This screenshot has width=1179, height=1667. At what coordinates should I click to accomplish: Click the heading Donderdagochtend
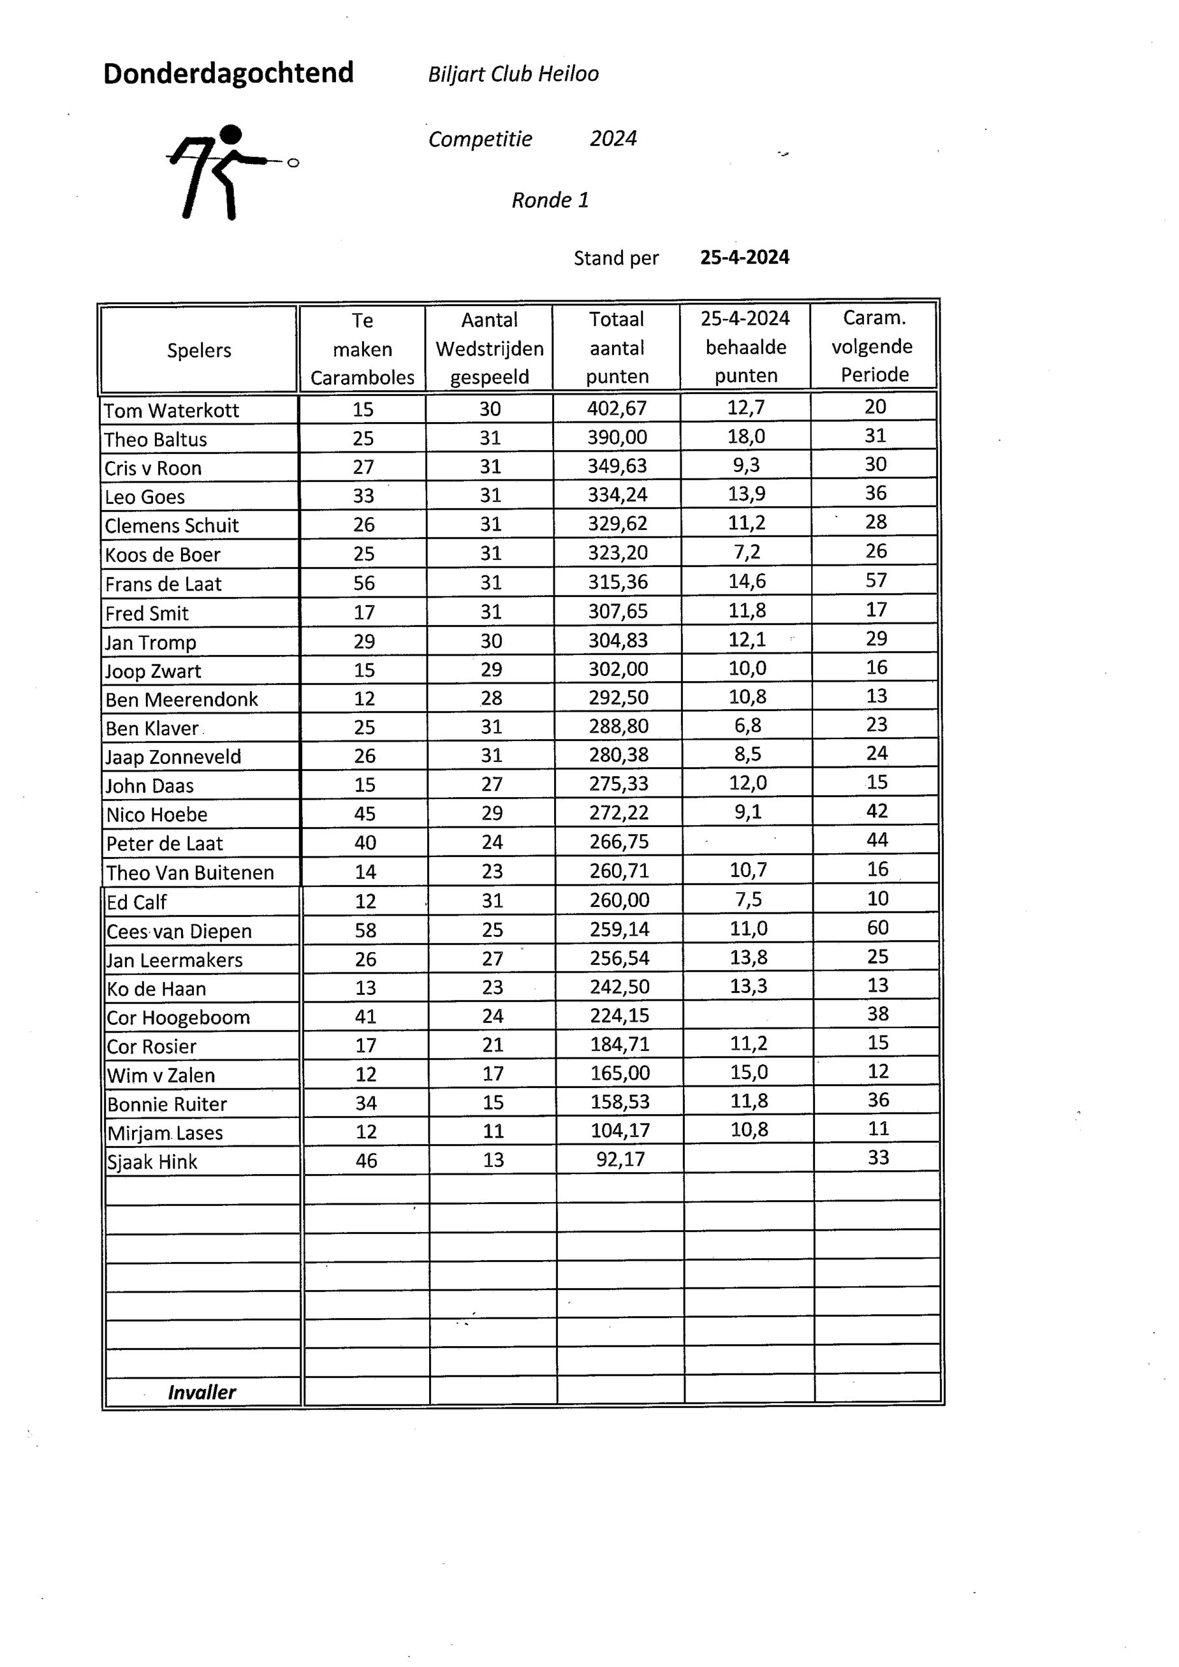[228, 74]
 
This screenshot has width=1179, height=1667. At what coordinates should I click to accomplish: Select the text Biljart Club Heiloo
[512, 74]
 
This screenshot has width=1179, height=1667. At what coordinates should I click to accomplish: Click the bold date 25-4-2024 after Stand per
[744, 258]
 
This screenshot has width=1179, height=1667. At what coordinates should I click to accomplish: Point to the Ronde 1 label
[549, 201]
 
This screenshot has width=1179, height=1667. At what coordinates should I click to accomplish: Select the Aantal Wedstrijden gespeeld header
[490, 348]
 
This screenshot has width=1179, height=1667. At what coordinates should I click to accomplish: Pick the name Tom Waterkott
[171, 411]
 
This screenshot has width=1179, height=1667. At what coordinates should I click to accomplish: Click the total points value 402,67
[617, 409]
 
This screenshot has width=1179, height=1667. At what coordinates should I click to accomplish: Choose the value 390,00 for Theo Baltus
[617, 438]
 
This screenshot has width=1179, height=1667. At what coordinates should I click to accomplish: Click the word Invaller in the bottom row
[202, 1392]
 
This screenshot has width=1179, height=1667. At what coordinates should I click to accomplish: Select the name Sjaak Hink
[152, 1162]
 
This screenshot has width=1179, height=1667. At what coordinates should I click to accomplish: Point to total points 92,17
[620, 1160]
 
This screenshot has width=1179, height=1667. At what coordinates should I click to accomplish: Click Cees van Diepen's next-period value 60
[877, 928]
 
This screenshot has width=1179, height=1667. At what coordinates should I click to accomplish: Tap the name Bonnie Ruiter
[167, 1104]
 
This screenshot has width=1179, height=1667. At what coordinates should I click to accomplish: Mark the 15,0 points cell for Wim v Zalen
[749, 1072]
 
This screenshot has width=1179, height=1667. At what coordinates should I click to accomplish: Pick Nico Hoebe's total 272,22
[618, 813]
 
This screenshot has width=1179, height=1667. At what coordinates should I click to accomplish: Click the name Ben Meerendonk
[182, 700]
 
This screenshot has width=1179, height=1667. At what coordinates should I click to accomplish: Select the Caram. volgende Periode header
[874, 346]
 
